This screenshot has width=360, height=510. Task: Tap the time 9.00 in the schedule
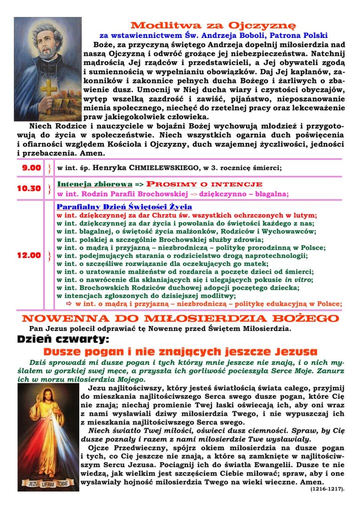[31, 168]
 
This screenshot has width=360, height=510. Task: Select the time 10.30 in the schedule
[28, 189]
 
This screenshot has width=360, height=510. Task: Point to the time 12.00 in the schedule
[28, 255]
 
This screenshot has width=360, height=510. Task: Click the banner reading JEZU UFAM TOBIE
[48, 483]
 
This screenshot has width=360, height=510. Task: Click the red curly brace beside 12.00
[49, 256]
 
